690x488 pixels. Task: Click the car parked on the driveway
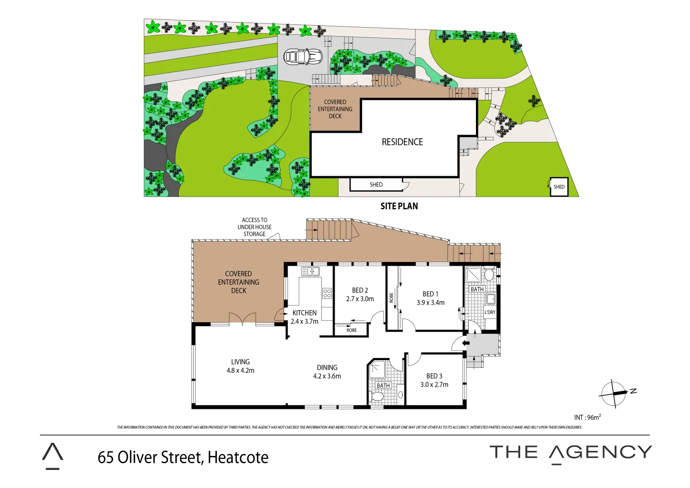tap(303, 56)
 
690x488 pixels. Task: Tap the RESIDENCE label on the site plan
tap(402, 142)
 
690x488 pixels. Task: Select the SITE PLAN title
tap(399, 206)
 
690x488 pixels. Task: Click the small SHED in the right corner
tap(559, 187)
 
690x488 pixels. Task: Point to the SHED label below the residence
tap(376, 184)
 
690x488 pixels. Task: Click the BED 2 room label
tap(360, 291)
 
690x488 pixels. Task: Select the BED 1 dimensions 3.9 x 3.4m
tap(430, 303)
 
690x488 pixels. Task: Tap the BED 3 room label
tap(434, 376)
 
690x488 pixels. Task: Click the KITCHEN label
tap(304, 313)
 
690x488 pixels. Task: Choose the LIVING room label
tap(240, 362)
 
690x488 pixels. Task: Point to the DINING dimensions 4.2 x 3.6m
tap(327, 376)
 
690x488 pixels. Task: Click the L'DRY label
tap(490, 312)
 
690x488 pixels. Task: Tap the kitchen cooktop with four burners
tap(327, 293)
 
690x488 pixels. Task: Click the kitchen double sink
tap(310, 272)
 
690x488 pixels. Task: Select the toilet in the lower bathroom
tap(377, 397)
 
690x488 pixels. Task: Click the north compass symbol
tap(614, 393)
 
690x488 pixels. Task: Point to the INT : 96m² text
tap(587, 418)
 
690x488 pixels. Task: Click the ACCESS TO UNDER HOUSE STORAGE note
tap(254, 227)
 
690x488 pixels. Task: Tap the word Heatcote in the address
tap(238, 457)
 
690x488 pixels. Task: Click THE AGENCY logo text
tap(570, 452)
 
